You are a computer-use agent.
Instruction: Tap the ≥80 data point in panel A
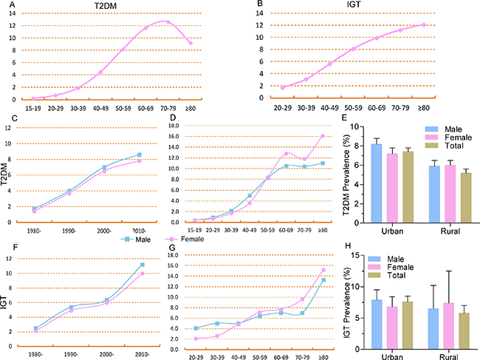point(191,43)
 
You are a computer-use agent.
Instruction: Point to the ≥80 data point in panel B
point(424,24)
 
